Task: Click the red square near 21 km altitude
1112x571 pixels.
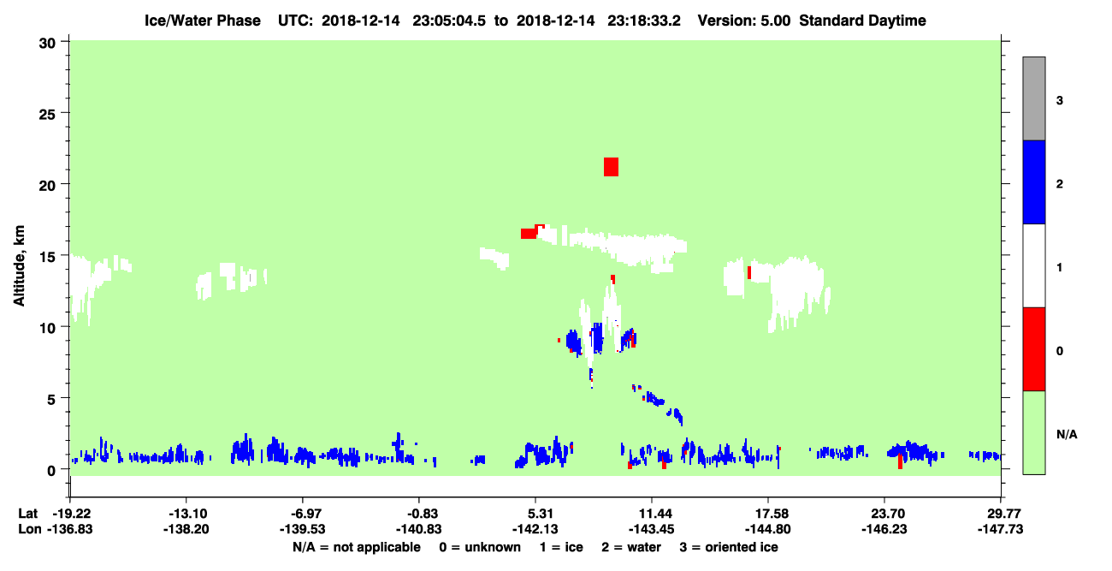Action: coord(611,167)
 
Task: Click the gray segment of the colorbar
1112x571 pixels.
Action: coord(1034,98)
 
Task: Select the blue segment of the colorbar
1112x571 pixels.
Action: coord(1034,181)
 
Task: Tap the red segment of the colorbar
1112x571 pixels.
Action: coord(1034,349)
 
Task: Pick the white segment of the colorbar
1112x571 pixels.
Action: coord(1034,265)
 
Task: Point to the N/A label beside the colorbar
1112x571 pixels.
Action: coord(1067,435)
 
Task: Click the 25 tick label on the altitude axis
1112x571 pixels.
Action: coord(47,115)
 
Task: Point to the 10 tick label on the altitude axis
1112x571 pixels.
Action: coord(47,328)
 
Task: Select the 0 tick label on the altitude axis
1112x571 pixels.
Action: coord(51,471)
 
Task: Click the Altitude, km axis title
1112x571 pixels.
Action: coord(19,265)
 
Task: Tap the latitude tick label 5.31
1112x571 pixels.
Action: coord(540,514)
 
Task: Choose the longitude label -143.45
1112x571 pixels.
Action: coord(651,529)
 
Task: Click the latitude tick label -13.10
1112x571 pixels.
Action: coord(187,514)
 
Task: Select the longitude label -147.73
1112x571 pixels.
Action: coord(1000,529)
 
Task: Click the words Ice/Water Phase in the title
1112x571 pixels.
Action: coord(203,21)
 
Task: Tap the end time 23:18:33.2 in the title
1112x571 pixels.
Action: coord(644,21)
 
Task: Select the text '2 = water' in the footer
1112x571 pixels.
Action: coord(631,547)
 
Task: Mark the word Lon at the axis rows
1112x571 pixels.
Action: coord(30,529)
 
